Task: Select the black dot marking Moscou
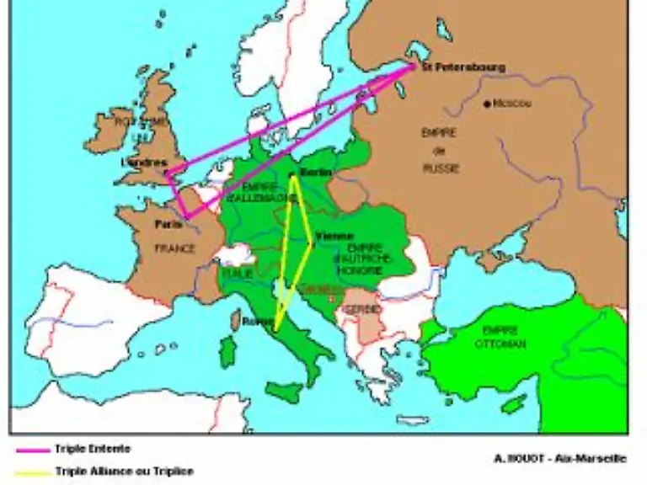click(487, 104)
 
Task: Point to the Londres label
click(143, 163)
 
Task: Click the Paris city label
click(168, 225)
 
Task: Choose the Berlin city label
click(315, 173)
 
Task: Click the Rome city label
click(254, 321)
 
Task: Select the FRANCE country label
click(174, 249)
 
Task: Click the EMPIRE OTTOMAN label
click(500, 338)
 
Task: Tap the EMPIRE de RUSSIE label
click(440, 151)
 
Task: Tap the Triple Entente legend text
click(93, 450)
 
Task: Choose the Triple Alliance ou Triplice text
click(124, 472)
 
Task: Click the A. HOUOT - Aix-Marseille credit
click(559, 458)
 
